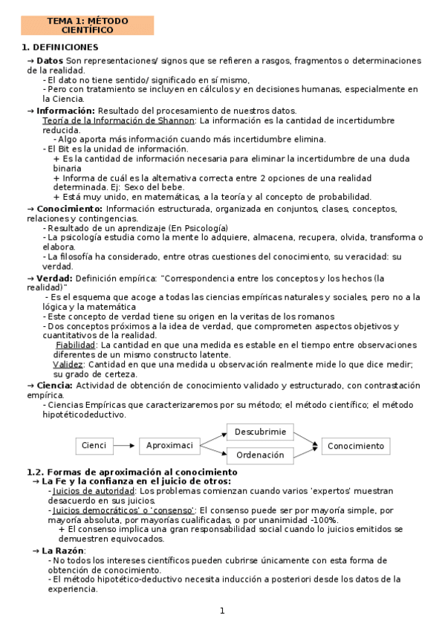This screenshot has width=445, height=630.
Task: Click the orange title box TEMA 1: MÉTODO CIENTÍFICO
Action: coord(87,26)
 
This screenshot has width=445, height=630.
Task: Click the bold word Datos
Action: coord(49,61)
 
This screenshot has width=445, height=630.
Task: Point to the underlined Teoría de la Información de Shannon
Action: coord(119,120)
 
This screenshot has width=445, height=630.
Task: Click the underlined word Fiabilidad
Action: coord(75,345)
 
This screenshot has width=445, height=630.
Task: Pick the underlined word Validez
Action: coord(68,364)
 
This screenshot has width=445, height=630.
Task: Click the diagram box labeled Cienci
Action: coord(94,446)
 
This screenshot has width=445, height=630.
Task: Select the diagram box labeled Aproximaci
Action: coord(171,446)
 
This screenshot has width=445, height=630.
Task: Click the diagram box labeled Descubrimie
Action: coord(260,432)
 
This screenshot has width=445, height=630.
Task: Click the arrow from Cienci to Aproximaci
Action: coord(126,446)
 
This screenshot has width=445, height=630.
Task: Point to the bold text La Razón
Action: coord(64,551)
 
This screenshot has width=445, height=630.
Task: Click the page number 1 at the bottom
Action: coord(221,611)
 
